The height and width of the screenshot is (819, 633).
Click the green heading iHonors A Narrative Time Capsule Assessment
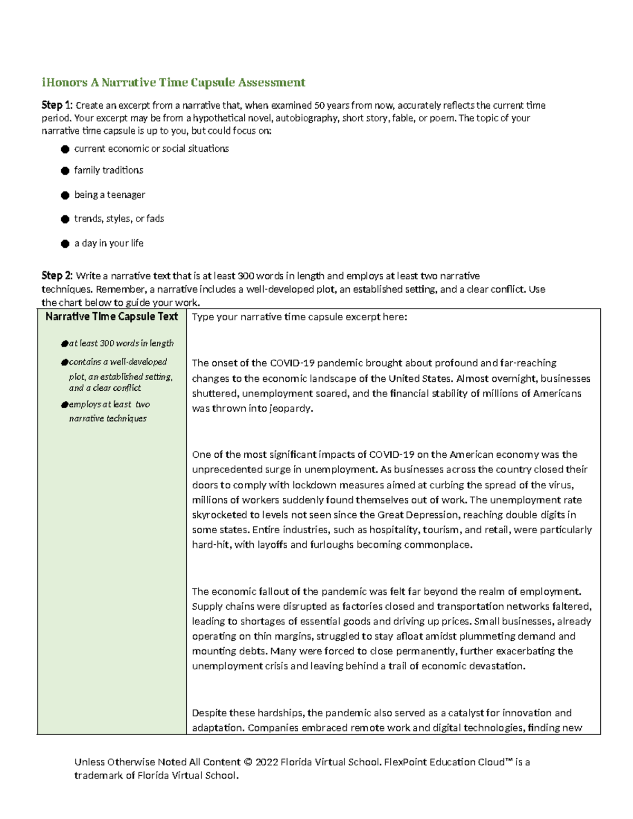[x=174, y=82]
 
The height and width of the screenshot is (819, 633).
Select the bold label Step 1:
[x=56, y=105]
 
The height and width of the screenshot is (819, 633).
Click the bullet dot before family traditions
[x=65, y=170]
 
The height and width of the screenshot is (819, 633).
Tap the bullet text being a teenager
[x=110, y=195]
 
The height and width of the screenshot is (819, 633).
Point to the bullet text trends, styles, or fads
[x=119, y=218]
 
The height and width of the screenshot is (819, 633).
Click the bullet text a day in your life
[x=109, y=243]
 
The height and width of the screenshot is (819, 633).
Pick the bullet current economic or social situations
[x=151, y=149]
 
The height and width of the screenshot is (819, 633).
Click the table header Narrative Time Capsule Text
[x=112, y=316]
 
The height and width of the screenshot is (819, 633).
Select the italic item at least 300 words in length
[x=121, y=343]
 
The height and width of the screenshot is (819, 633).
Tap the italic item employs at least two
[x=109, y=404]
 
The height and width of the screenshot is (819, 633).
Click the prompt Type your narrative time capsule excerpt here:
[x=300, y=317]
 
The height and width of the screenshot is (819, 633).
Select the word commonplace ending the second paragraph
[x=437, y=545]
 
